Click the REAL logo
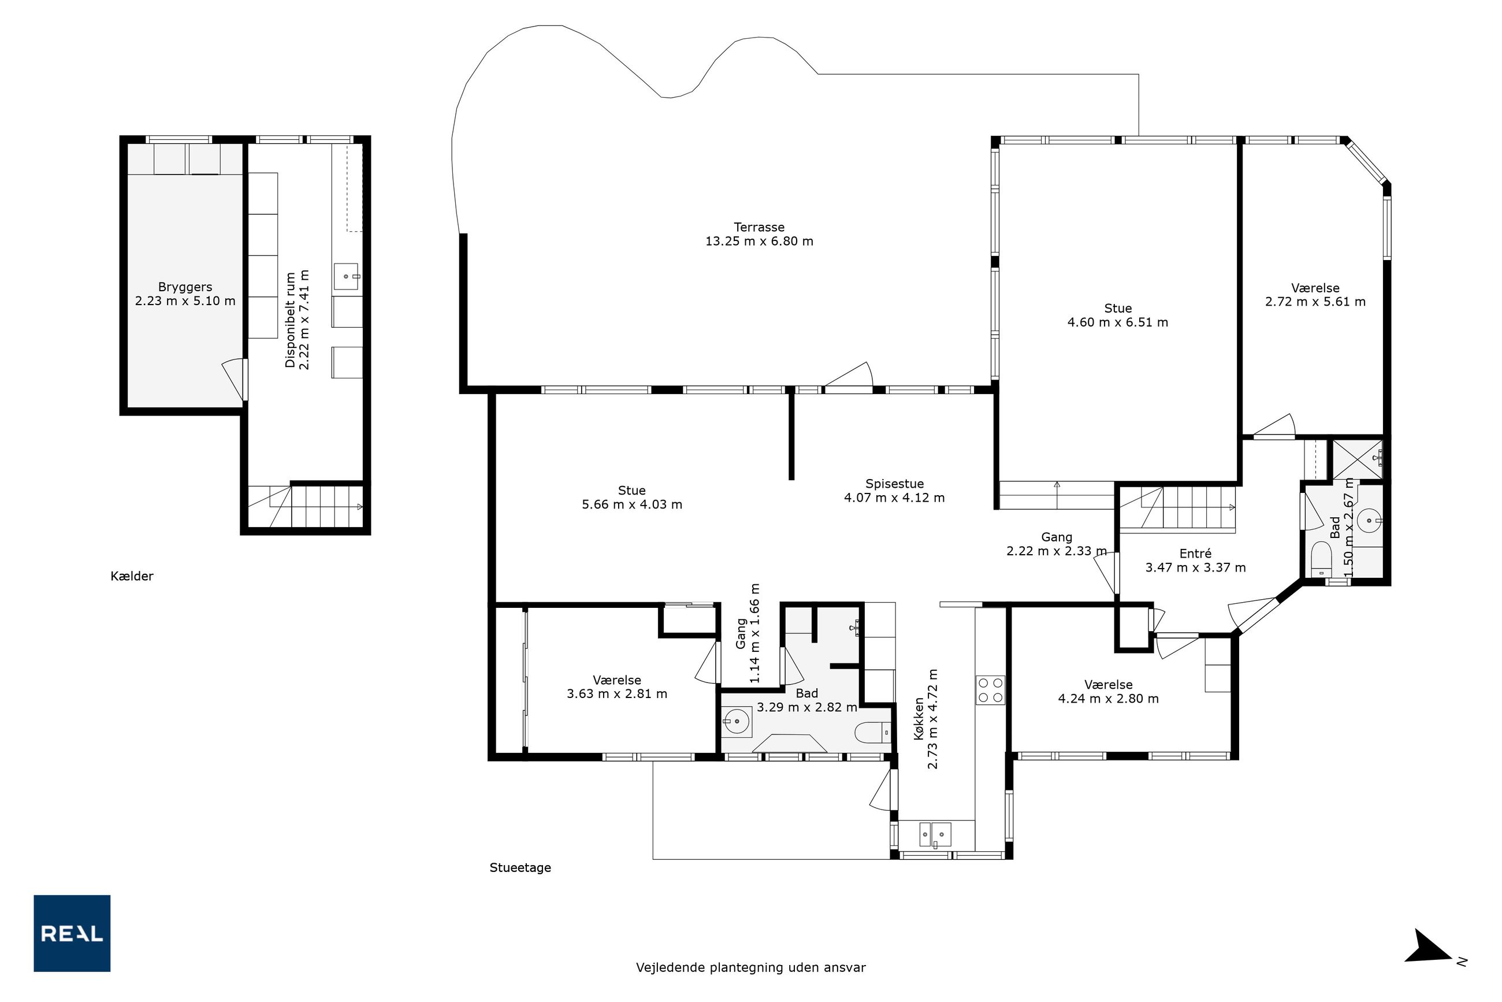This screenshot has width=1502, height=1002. [72, 933]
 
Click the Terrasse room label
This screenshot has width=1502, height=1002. [759, 227]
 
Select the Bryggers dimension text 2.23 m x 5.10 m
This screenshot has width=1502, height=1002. [185, 301]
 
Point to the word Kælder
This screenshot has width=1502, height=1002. [132, 576]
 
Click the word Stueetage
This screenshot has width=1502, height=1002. [520, 867]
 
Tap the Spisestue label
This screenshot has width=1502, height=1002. [894, 484]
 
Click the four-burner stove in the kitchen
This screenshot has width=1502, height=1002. [990, 689]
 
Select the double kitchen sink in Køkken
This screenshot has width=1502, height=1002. [935, 834]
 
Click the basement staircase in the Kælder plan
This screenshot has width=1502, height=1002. [306, 507]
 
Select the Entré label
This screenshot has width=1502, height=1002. [1195, 554]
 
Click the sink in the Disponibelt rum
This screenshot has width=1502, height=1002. [345, 277]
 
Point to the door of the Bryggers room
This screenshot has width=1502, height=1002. [234, 380]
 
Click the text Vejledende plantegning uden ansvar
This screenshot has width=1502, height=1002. [750, 967]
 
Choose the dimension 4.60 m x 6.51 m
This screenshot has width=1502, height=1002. [1117, 322]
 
